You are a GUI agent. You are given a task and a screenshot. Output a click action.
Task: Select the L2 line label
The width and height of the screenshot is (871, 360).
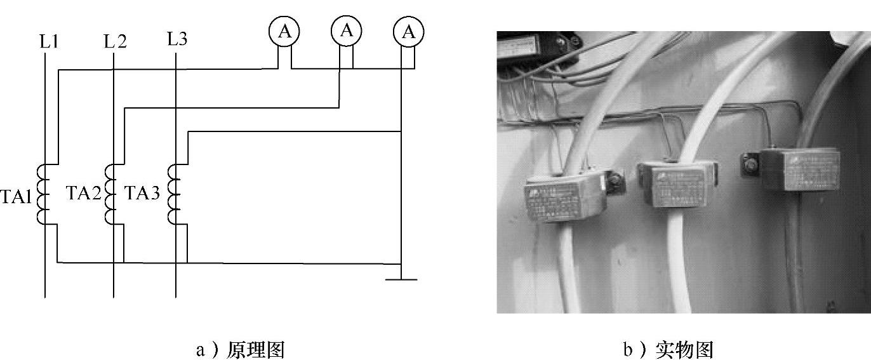[115, 43]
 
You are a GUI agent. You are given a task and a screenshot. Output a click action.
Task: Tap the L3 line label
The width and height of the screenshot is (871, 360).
[177, 39]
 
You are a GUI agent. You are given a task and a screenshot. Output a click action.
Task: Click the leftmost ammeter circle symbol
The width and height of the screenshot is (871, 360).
[284, 32]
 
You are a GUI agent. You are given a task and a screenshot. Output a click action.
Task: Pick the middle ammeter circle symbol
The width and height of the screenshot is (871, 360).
[346, 30]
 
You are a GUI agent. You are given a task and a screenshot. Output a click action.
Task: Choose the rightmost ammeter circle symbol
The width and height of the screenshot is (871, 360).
[408, 32]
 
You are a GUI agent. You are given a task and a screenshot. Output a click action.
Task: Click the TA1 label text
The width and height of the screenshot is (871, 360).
[16, 197]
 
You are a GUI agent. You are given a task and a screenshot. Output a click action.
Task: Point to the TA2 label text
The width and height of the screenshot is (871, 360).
[83, 193]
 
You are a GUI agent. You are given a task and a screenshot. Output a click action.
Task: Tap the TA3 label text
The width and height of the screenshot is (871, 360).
[141, 193]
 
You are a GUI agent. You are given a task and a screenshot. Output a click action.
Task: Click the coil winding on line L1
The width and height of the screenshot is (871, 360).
[43, 194]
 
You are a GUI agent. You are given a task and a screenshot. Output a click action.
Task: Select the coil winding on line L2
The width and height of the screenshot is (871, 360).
[110, 194]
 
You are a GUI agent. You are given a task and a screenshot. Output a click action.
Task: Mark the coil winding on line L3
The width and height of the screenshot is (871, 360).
[173, 194]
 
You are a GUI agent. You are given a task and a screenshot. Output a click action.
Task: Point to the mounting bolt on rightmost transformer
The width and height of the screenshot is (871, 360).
[750, 166]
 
